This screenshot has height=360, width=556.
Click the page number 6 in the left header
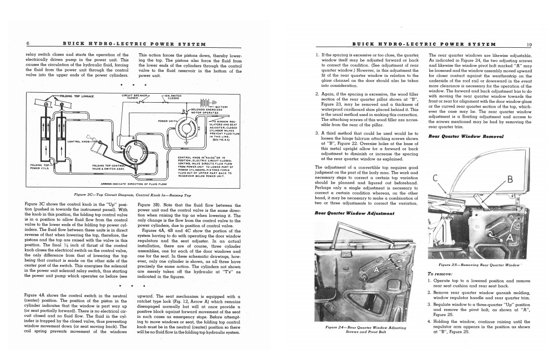tap(28, 44)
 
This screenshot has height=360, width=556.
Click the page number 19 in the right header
tap(529, 45)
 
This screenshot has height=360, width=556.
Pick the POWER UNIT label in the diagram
tap(166, 121)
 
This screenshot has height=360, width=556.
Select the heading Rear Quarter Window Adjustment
tap(354, 213)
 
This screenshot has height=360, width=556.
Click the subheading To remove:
tap(440, 274)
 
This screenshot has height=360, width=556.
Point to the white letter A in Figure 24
tap(377, 270)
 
